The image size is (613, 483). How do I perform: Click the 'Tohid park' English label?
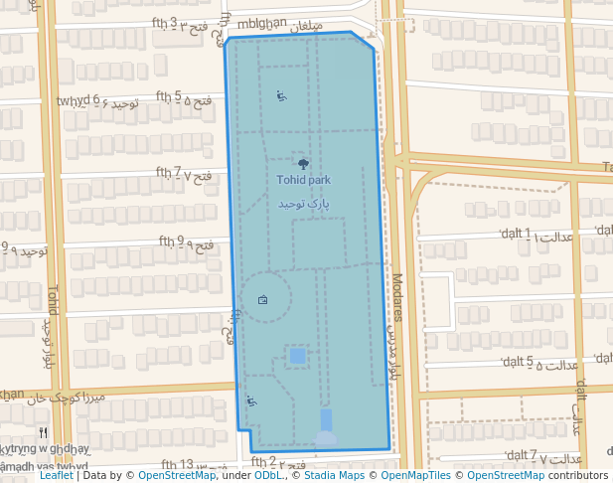(304, 181)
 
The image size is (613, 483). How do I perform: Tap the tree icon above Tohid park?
(303, 163)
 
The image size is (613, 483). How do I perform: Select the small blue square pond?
(297, 355)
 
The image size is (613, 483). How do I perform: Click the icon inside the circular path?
(263, 299)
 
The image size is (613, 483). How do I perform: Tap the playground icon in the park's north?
(281, 96)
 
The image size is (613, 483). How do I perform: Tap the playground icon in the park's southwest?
(250, 402)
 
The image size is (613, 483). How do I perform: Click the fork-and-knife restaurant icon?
(42, 432)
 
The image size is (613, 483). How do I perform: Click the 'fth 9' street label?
(172, 241)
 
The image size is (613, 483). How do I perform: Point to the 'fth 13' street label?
(177, 464)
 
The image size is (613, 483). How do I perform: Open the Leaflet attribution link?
(56, 476)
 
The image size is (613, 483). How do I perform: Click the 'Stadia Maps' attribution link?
(333, 476)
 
